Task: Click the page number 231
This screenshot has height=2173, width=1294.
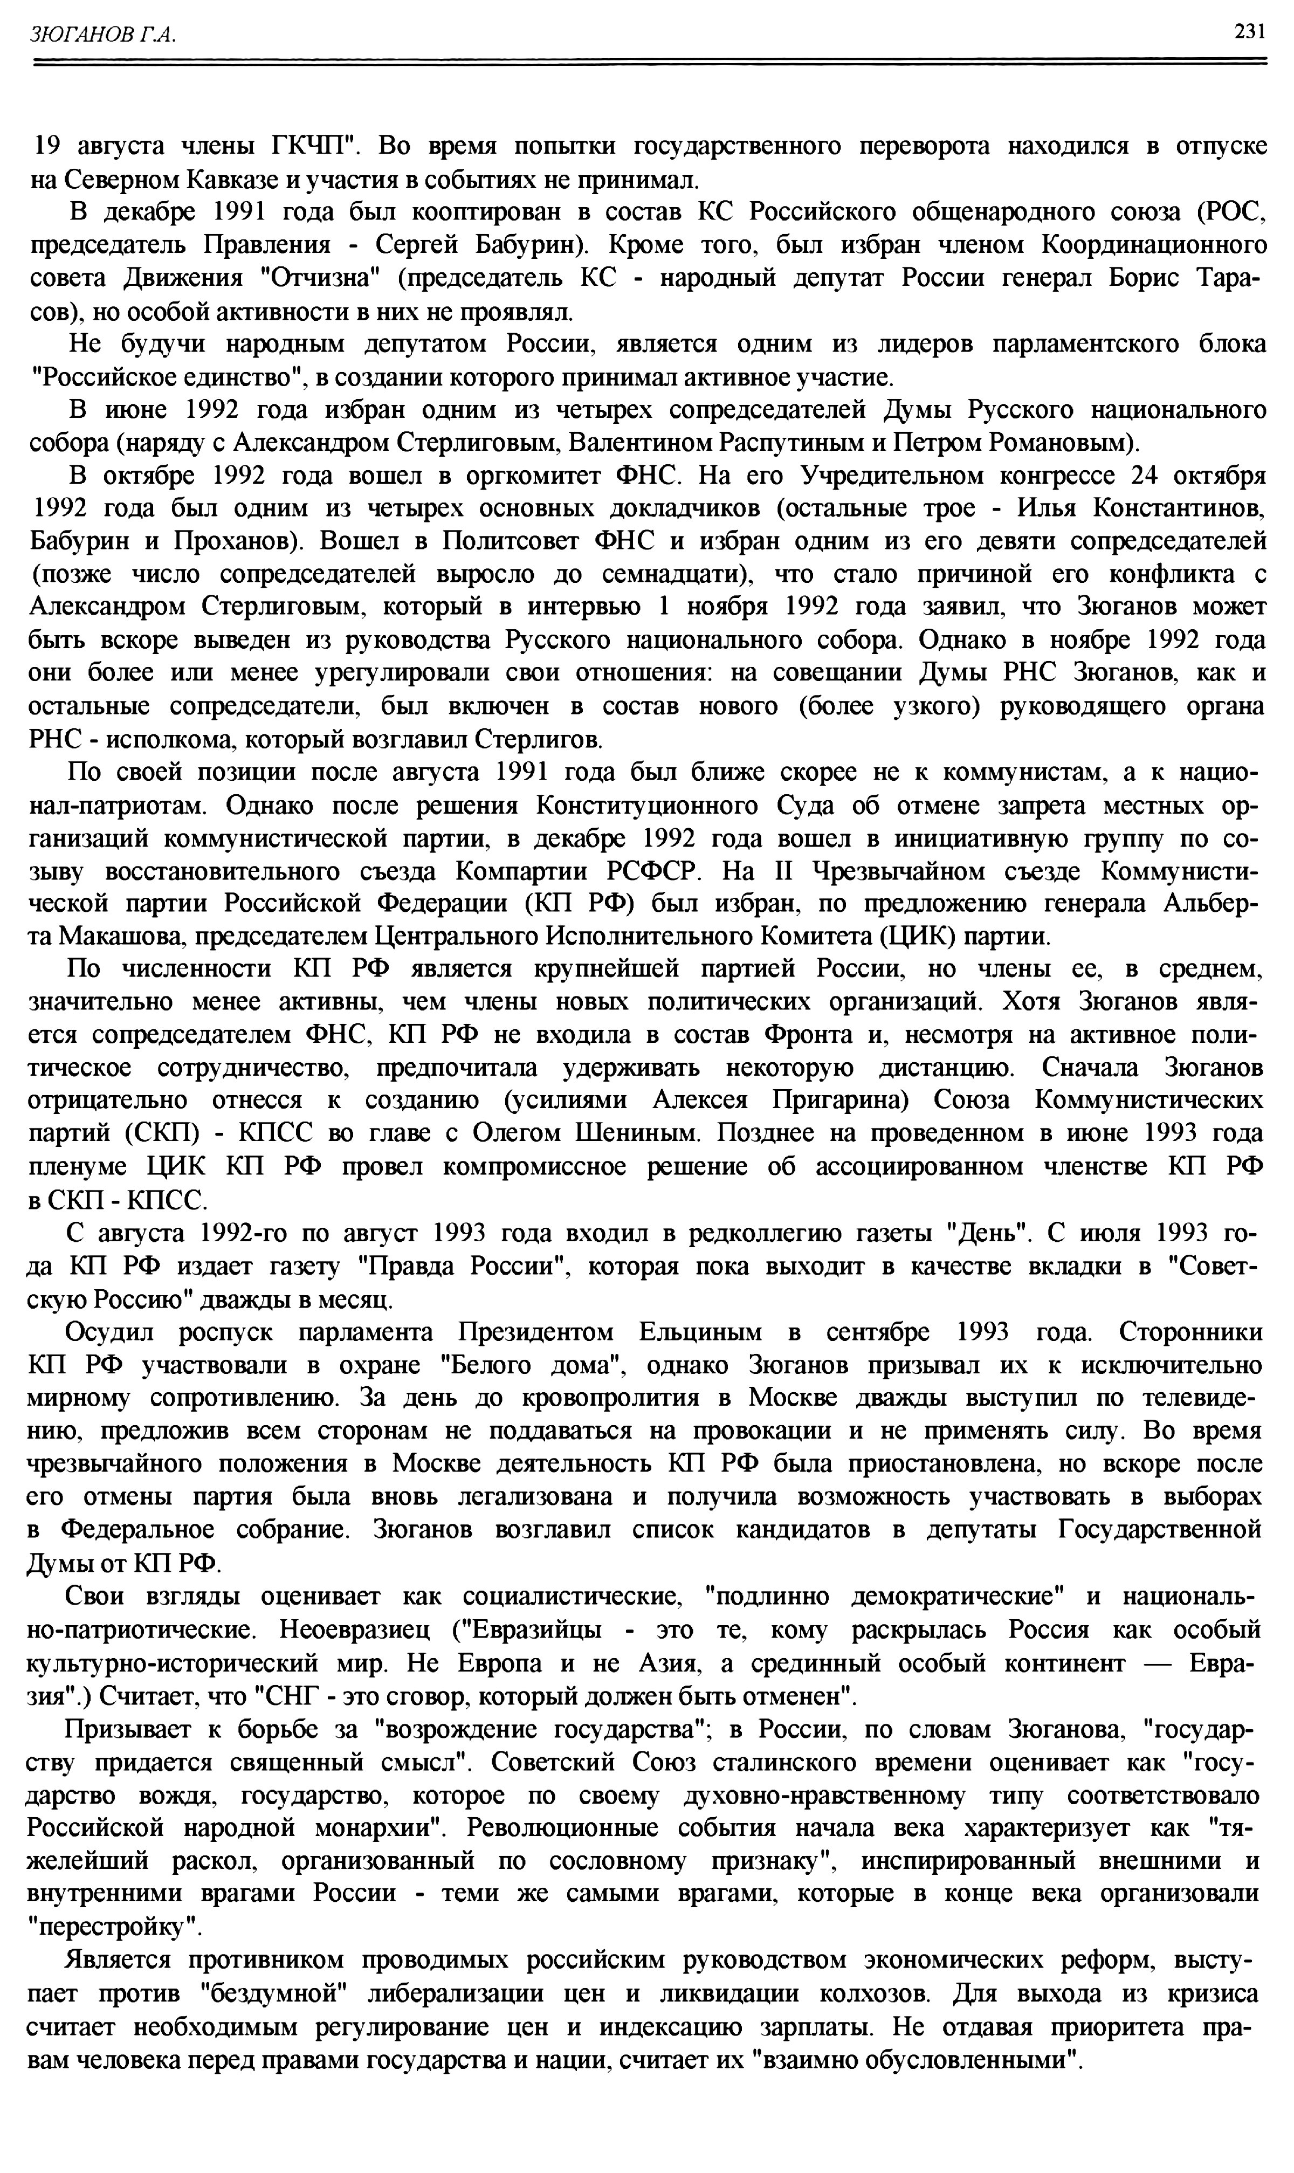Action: pyautogui.click(x=1249, y=32)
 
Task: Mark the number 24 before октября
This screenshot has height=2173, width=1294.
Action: pyautogui.click(x=1147, y=476)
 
